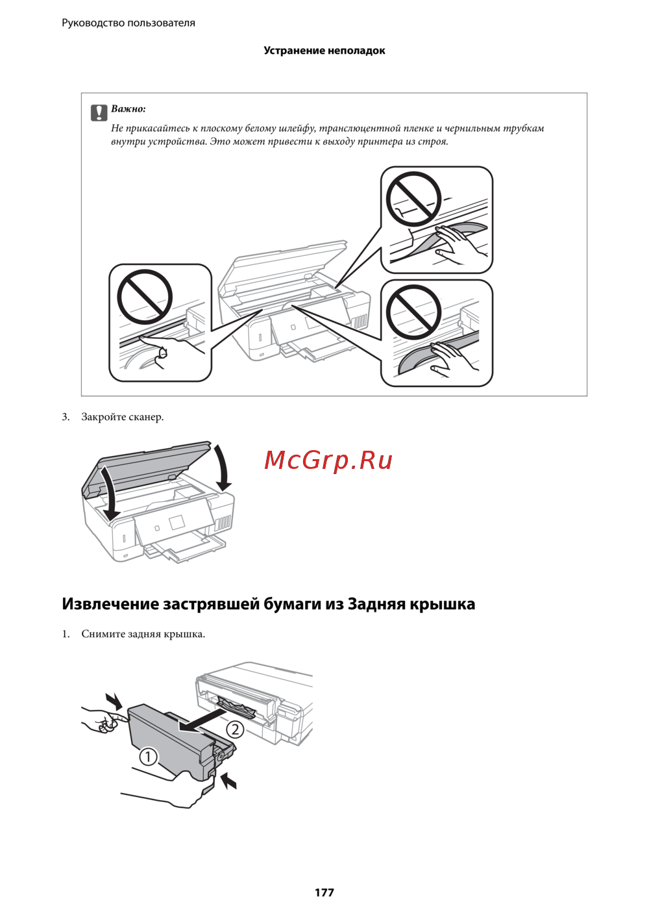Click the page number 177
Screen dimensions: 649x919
pos(324,890)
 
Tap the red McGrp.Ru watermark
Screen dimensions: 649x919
pos(328,460)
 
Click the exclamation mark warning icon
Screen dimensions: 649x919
pos(99,113)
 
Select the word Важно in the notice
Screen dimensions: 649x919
pos(129,109)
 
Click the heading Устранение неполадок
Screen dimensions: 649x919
pos(324,51)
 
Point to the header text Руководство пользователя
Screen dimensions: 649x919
pos(129,23)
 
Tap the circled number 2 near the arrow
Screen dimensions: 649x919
pos(235,729)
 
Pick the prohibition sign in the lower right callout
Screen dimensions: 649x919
pos(414,312)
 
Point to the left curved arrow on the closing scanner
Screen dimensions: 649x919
pos(108,492)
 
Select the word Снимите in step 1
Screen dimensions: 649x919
pos(103,635)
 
